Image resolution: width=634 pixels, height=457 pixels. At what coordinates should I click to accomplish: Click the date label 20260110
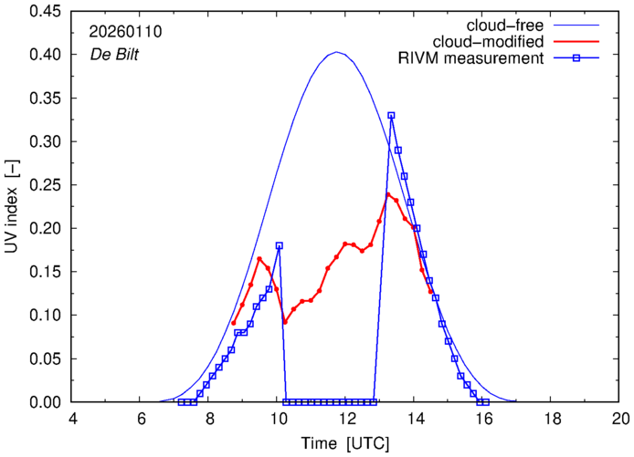125,32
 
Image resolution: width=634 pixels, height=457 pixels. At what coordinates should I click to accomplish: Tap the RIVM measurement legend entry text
472,59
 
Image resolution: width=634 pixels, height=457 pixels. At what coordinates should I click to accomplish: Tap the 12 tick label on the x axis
346,420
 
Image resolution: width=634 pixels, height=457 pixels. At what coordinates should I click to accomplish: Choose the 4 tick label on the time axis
73,420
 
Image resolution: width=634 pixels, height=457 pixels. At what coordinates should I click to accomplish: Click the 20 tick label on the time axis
620,420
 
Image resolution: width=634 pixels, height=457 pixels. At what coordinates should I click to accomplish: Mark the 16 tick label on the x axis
483,420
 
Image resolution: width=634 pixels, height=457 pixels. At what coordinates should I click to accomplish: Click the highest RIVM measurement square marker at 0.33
391,116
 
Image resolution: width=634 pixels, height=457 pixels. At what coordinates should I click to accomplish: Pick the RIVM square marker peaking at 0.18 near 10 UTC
279,245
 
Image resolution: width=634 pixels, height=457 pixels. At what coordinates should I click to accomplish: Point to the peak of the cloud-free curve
337,52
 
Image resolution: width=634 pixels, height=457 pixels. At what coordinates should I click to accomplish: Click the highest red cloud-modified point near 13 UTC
388,194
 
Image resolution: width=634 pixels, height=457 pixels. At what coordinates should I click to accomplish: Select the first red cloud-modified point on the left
234,323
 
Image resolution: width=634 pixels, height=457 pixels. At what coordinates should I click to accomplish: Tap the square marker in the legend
584,59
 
